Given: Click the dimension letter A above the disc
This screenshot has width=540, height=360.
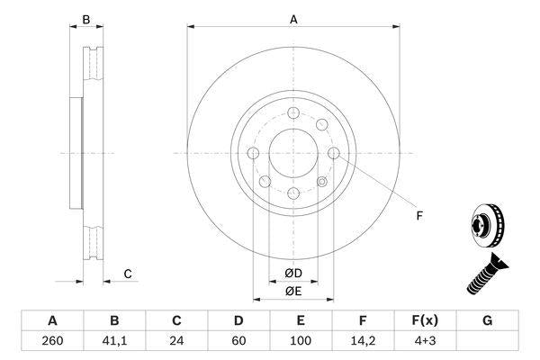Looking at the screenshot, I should tap(293, 18).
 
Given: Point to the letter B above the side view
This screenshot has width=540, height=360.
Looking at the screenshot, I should tap(86, 18).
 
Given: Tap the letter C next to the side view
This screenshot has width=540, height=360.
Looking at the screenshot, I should tap(128, 274).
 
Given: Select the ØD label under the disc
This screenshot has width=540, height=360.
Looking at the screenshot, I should tap(293, 273).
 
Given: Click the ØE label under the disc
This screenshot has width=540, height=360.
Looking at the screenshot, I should tap(293, 291).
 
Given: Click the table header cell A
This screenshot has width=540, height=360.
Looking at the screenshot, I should tap(52, 320).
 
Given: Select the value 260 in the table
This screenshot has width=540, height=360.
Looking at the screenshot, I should tap(52, 341).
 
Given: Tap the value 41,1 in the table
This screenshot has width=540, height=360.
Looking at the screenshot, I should tap(114, 341).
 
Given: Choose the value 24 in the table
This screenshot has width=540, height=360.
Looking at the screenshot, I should tap(176, 341).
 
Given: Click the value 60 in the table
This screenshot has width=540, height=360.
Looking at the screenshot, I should tap(238, 341).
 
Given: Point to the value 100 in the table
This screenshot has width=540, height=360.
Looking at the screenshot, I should tap(301, 341).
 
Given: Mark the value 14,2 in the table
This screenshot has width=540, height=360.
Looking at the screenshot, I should tap(363, 341).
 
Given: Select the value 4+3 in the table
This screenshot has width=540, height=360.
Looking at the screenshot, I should tap(425, 341).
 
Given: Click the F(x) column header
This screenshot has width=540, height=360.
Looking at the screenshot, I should tap(425, 320).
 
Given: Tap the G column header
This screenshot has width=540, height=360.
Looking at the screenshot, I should tap(487, 320).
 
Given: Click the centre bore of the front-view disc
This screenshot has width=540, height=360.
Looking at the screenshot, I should tap(293, 152).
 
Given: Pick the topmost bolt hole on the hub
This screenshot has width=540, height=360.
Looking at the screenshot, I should tap(293, 112).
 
